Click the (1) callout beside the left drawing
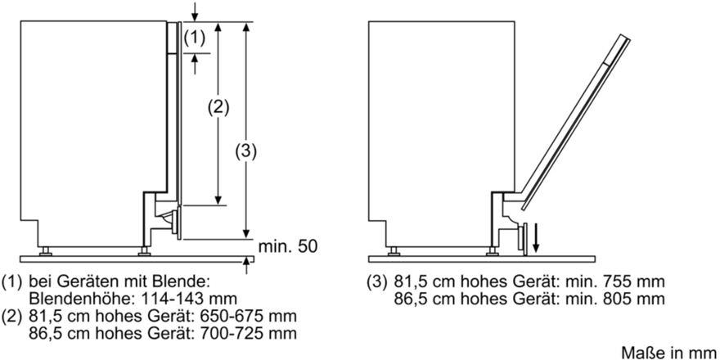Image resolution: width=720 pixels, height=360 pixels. (194, 38)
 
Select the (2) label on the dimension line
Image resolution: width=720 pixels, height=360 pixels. (218, 107)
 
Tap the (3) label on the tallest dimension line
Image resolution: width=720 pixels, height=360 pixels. (246, 151)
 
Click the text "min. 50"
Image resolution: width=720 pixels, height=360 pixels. (288, 246)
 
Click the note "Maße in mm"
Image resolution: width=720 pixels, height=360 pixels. (670, 352)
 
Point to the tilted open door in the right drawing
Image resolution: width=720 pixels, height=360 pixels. (575, 123)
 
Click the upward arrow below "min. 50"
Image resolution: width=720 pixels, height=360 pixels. (247, 266)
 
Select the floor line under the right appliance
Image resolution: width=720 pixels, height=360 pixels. (483, 259)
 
